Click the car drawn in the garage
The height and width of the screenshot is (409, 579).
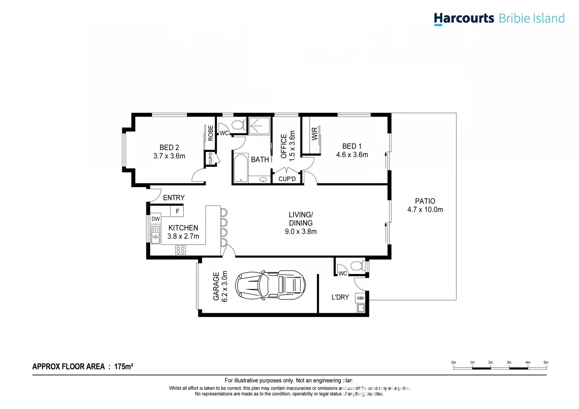(x=270, y=284)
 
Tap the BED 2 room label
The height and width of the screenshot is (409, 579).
(x=169, y=147)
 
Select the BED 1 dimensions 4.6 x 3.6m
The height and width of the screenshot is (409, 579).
(x=352, y=155)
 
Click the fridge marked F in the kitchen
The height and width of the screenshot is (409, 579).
(x=177, y=211)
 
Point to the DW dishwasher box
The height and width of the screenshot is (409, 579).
(x=156, y=219)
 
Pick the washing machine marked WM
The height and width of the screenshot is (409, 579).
(x=360, y=298)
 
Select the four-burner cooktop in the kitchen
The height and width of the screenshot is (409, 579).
(x=181, y=250)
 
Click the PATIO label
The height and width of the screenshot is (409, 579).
(x=425, y=201)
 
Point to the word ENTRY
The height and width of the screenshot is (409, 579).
(x=174, y=198)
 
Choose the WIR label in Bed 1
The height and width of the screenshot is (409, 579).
(x=315, y=134)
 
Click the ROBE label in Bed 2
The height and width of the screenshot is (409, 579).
(x=211, y=133)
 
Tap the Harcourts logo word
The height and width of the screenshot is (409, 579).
(x=464, y=18)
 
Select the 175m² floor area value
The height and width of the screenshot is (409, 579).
(x=124, y=367)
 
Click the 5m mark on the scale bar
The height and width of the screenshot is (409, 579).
(x=546, y=363)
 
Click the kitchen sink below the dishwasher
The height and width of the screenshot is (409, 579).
(x=156, y=235)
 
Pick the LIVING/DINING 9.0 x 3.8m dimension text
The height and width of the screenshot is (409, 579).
(x=301, y=232)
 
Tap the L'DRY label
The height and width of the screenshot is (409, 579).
(x=340, y=297)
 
